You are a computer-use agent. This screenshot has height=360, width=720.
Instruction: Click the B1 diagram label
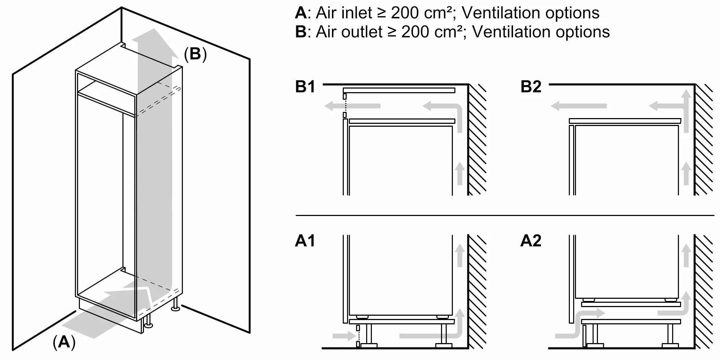point(305,87)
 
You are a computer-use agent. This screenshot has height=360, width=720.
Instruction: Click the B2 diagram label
point(531,87)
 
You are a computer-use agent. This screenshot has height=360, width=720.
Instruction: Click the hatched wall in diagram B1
point(477,140)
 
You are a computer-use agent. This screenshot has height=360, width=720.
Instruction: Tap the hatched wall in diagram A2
point(703,292)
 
